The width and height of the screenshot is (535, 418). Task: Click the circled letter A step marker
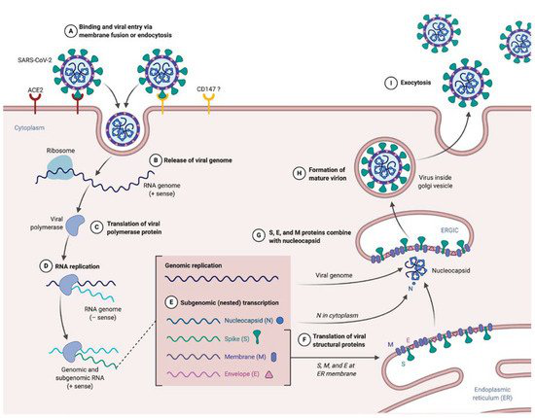click(71, 31)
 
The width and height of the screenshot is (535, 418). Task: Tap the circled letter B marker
click(156, 160)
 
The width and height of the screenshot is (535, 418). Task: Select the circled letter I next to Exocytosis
click(391, 83)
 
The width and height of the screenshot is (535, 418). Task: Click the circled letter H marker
click(300, 173)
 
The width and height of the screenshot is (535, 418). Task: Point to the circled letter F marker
click(303, 340)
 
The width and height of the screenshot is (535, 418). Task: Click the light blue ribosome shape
click(60, 167)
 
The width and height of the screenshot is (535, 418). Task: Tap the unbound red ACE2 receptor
click(35, 103)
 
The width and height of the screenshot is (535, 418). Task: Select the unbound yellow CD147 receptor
click(208, 103)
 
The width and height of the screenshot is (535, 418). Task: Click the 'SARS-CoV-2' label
click(34, 60)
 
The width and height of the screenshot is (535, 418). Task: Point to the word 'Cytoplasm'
click(29, 128)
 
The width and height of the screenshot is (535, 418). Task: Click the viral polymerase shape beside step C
click(75, 225)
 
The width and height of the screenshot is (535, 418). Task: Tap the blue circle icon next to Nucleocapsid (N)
click(280, 321)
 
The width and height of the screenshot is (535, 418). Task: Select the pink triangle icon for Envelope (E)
click(269, 374)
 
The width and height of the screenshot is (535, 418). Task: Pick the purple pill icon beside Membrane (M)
click(273, 357)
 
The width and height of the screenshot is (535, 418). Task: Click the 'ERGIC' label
click(449, 230)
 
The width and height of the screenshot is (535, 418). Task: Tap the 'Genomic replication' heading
click(194, 265)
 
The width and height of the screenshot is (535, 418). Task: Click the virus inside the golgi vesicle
click(385, 167)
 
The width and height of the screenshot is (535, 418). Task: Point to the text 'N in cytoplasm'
click(338, 315)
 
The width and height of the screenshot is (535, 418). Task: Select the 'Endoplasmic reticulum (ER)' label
click(492, 394)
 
